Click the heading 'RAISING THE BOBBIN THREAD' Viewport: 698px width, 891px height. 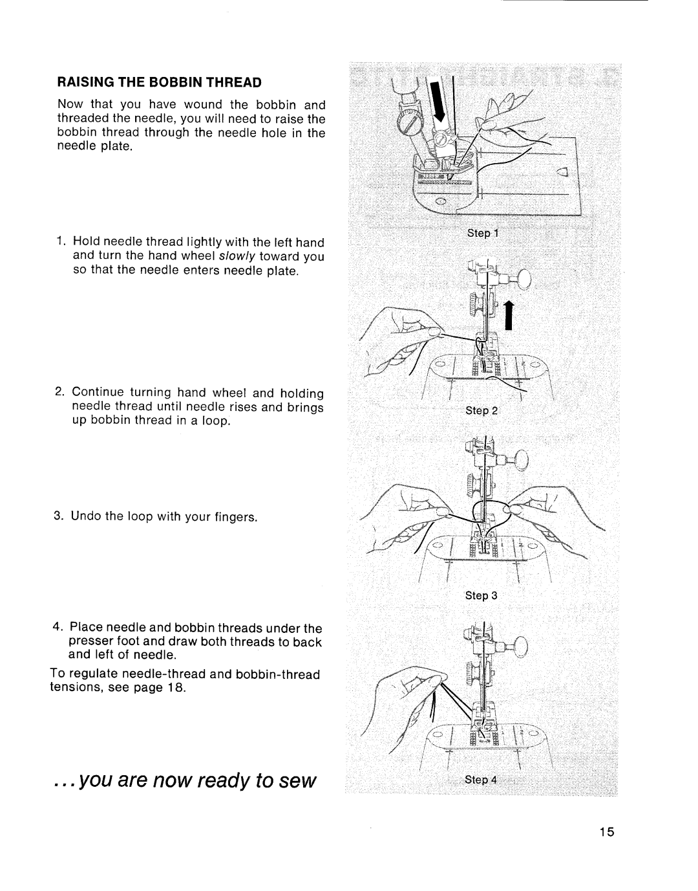[160, 83]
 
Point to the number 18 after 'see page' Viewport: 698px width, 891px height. [178, 687]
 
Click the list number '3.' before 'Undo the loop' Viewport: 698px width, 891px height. [59, 517]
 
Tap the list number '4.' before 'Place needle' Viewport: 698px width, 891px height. [59, 628]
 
